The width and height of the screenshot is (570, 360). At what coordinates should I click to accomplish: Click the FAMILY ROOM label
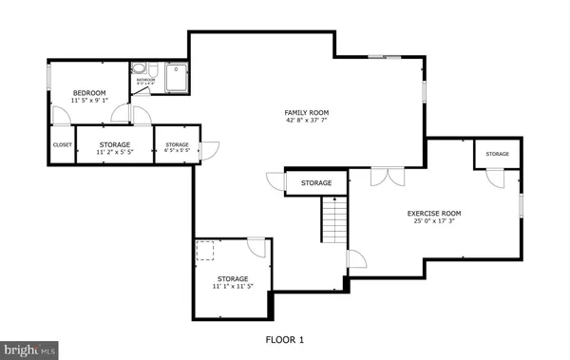306,112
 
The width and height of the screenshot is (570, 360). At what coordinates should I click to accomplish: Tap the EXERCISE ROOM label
435,214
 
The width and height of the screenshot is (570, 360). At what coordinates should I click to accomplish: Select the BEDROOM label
89,92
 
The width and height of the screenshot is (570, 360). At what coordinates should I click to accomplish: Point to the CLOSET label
63,145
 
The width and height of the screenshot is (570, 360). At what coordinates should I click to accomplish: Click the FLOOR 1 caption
284,339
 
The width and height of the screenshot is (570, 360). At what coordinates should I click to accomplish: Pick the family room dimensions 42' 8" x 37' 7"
306,121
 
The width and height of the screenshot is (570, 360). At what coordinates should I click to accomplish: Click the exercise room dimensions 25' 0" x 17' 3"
435,222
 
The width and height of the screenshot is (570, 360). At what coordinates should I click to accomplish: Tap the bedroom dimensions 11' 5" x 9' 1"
89,100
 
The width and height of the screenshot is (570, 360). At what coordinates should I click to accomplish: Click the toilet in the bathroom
140,69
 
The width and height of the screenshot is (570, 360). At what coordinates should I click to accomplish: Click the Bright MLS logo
29,350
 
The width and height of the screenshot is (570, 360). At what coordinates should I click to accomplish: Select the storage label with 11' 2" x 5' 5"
116,145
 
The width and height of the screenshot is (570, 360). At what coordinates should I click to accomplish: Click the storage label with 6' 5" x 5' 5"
177,145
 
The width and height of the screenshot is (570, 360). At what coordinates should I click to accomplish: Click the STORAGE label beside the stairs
316,182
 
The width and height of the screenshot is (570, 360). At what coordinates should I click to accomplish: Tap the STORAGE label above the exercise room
497,154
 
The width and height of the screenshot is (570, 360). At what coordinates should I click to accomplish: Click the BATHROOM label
145,80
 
